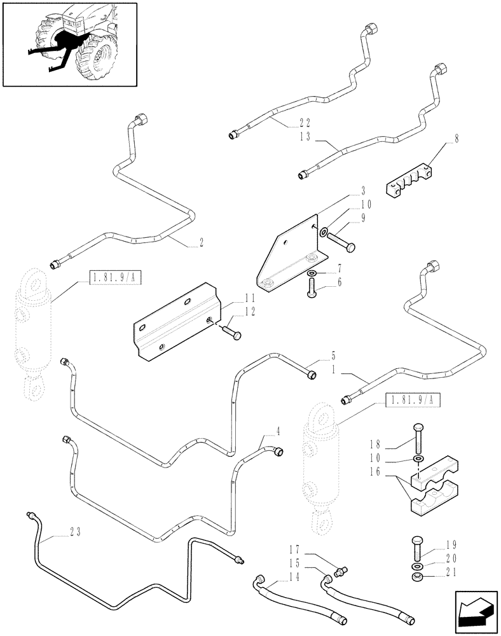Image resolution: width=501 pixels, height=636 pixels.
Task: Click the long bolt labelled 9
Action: (341, 241)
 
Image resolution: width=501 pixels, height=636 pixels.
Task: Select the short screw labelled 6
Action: (312, 292)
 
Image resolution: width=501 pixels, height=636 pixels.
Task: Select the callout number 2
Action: (202, 242)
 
